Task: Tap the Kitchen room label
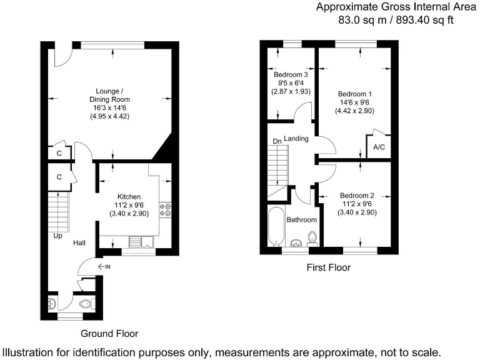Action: pyautogui.click(x=129, y=197)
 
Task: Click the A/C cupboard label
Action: pyautogui.click(x=379, y=147)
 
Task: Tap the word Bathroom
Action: pyautogui.click(x=301, y=220)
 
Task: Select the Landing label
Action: pyautogui.click(x=296, y=139)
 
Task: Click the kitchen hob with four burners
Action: pyautogui.click(x=166, y=209)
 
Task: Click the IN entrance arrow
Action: pyautogui.click(x=104, y=267)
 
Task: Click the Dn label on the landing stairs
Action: pyautogui.click(x=277, y=142)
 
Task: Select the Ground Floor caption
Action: pyautogui.click(x=109, y=334)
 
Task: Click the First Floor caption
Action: pyautogui.click(x=328, y=267)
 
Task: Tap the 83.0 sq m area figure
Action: pyautogui.click(x=356, y=19)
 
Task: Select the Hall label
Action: pyautogui.click(x=79, y=242)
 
